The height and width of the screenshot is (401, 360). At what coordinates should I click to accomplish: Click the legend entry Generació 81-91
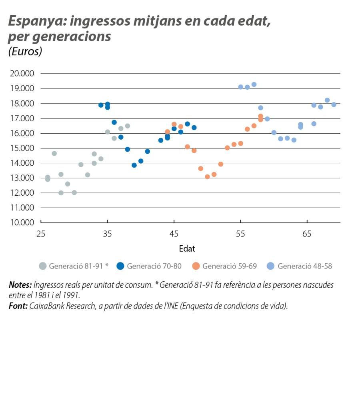click(x=74, y=266)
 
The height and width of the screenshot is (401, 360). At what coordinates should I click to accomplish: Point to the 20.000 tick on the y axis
click(x=23, y=74)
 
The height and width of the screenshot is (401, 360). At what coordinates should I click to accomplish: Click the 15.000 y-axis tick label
click(x=23, y=148)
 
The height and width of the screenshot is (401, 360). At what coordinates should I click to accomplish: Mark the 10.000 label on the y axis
click(x=23, y=223)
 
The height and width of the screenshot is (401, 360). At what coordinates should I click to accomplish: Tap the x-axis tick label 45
click(x=174, y=233)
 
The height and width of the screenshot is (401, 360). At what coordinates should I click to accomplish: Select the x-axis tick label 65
click(x=307, y=233)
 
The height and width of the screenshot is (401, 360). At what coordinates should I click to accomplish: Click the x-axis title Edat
click(x=187, y=249)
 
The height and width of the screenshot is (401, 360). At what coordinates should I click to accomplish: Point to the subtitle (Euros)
click(x=25, y=52)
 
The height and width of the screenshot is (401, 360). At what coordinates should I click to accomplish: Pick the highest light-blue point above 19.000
click(x=254, y=84)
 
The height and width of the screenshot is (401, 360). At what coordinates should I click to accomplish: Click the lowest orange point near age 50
click(x=207, y=176)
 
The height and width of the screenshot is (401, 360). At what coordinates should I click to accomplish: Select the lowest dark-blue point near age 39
click(x=134, y=165)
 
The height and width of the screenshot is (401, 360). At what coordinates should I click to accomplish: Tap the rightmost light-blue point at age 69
click(x=334, y=104)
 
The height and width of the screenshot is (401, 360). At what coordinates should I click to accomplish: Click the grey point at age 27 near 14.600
click(x=54, y=153)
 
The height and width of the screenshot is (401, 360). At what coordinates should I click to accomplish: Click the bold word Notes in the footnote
click(x=20, y=285)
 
